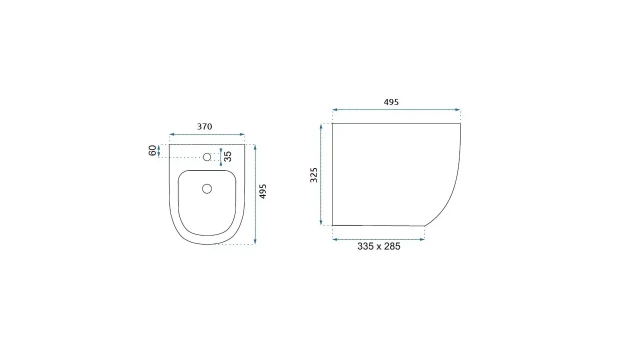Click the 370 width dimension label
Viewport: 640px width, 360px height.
204,126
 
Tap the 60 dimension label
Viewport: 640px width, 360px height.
152,150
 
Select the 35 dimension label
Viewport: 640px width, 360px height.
227,156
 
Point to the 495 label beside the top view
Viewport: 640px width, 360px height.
262,191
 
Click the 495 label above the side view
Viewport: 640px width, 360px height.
391,102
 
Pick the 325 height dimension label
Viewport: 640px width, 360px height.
313,175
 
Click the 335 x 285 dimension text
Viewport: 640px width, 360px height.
379,246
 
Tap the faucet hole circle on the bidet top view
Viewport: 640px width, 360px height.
207,157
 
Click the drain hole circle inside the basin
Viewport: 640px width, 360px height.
207,188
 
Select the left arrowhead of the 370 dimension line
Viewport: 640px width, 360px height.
171,134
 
